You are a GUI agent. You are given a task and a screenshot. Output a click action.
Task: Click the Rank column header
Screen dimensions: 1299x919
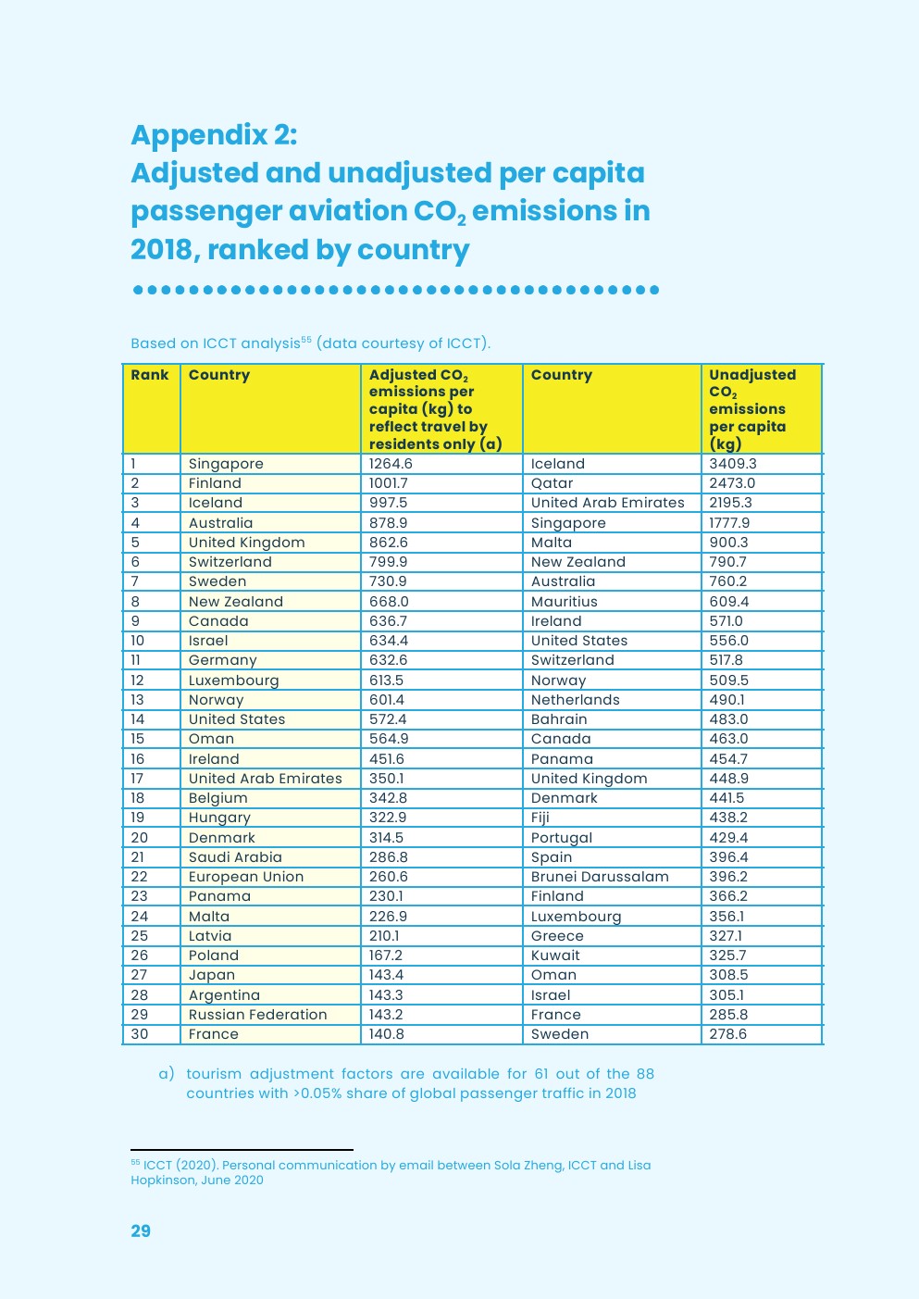click(150, 375)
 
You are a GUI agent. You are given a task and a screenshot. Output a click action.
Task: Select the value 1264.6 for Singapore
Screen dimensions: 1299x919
click(391, 464)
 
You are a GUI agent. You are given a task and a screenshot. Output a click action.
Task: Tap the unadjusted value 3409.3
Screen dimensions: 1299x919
click(733, 464)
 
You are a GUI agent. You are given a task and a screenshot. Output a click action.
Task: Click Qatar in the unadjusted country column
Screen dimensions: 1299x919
click(552, 483)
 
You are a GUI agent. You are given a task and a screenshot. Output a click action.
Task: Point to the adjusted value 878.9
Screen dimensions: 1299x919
click(388, 523)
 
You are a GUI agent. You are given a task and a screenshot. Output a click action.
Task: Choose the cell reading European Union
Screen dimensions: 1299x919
click(246, 877)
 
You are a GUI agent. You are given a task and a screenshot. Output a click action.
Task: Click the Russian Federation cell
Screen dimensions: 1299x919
click(257, 1015)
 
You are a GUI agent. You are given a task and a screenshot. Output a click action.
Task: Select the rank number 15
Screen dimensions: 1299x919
click(138, 739)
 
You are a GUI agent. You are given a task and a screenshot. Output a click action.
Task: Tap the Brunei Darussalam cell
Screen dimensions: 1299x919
click(600, 877)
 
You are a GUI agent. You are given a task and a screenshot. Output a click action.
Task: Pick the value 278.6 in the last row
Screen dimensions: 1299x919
click(728, 1034)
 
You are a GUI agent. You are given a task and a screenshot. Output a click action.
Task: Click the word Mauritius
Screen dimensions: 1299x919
click(565, 602)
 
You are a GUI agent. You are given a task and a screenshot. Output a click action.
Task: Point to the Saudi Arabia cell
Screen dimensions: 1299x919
click(235, 857)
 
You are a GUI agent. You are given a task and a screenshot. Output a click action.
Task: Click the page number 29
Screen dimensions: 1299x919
click(141, 1230)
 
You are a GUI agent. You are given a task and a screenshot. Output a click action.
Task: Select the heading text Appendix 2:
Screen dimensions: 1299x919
click(214, 135)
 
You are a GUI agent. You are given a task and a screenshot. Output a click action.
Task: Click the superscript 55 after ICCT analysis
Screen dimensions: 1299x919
click(306, 340)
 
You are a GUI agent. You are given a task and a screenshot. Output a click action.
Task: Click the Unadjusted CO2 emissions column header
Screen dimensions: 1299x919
click(751, 408)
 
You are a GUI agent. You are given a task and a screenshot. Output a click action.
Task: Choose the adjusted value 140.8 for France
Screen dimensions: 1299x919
click(387, 1034)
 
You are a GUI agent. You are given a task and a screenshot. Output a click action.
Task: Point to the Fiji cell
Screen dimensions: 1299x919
click(540, 818)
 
